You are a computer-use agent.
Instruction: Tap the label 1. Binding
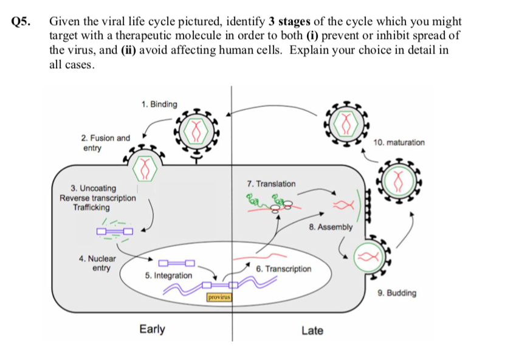pyautogui.click(x=159, y=104)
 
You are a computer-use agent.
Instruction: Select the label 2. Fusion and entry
pyautogui.click(x=106, y=143)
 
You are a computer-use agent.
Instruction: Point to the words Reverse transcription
pyautogui.click(x=98, y=198)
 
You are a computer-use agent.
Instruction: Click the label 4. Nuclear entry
pyautogui.click(x=97, y=263)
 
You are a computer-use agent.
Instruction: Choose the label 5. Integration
pyautogui.click(x=168, y=275)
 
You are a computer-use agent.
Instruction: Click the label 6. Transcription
pyautogui.click(x=283, y=268)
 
